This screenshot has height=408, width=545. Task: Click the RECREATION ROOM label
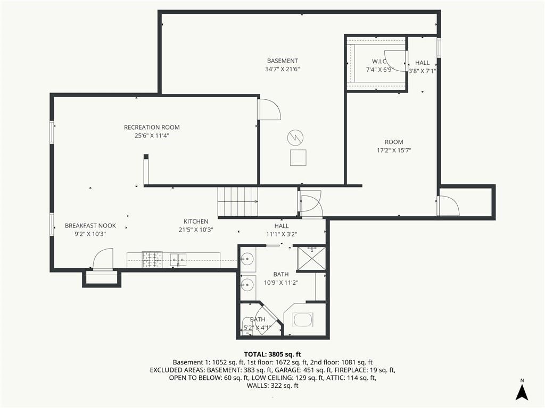pyautogui.click(x=152, y=127)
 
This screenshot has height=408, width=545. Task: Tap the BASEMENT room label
pyautogui.click(x=282, y=61)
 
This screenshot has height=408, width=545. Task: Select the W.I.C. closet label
pyautogui.click(x=379, y=62)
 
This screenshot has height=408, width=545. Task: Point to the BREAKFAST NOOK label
pyautogui.click(x=90, y=225)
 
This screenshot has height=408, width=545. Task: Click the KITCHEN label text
pyautogui.click(x=196, y=222)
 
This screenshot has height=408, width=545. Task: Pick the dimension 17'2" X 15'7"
pyautogui.click(x=394, y=150)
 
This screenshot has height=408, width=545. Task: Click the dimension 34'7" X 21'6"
pyautogui.click(x=282, y=69)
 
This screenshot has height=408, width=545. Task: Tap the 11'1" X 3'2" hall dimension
pyautogui.click(x=282, y=234)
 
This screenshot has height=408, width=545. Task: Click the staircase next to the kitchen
pyautogui.click(x=238, y=201)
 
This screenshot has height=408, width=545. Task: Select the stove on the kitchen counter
pyautogui.click(x=152, y=259)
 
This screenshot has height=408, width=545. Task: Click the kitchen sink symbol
pyautogui.click(x=178, y=260)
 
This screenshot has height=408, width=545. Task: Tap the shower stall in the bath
pyautogui.click(x=311, y=258)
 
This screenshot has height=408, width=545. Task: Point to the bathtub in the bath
pyautogui.click(x=303, y=320)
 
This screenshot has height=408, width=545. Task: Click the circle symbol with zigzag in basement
pyautogui.click(x=295, y=138)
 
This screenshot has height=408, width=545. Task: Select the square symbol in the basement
pyautogui.click(x=298, y=157)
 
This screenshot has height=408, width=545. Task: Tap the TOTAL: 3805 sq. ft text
pyautogui.click(x=272, y=354)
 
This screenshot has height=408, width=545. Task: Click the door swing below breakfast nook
pyautogui.click(x=103, y=259)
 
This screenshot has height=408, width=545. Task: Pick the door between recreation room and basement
pyautogui.click(x=269, y=109)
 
